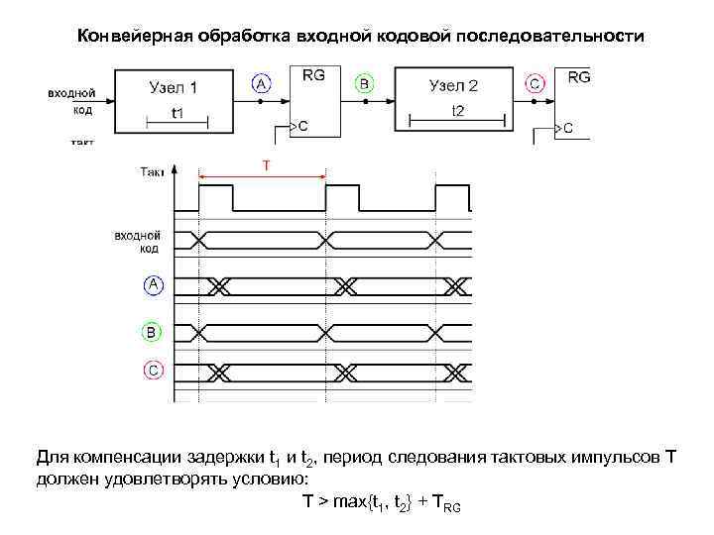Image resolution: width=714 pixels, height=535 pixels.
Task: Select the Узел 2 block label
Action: pos(454,86)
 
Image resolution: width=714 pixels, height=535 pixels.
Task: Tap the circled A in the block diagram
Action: pos(262,85)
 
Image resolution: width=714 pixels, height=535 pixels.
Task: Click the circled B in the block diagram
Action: pos(364,85)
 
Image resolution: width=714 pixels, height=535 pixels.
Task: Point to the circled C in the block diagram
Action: pos(535,85)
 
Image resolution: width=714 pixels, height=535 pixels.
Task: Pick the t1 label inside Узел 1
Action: pos(178,113)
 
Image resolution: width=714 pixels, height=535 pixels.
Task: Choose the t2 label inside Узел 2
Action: pos(457,110)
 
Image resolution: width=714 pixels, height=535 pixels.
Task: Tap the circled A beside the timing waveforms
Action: pos(153,286)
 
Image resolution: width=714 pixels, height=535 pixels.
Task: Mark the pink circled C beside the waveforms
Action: pos(153,371)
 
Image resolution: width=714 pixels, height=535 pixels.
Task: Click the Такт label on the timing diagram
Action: pos(153,172)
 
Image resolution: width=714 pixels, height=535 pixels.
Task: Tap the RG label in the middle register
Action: pos(313,75)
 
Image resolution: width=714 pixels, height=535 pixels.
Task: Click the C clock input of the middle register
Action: pos(302,126)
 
